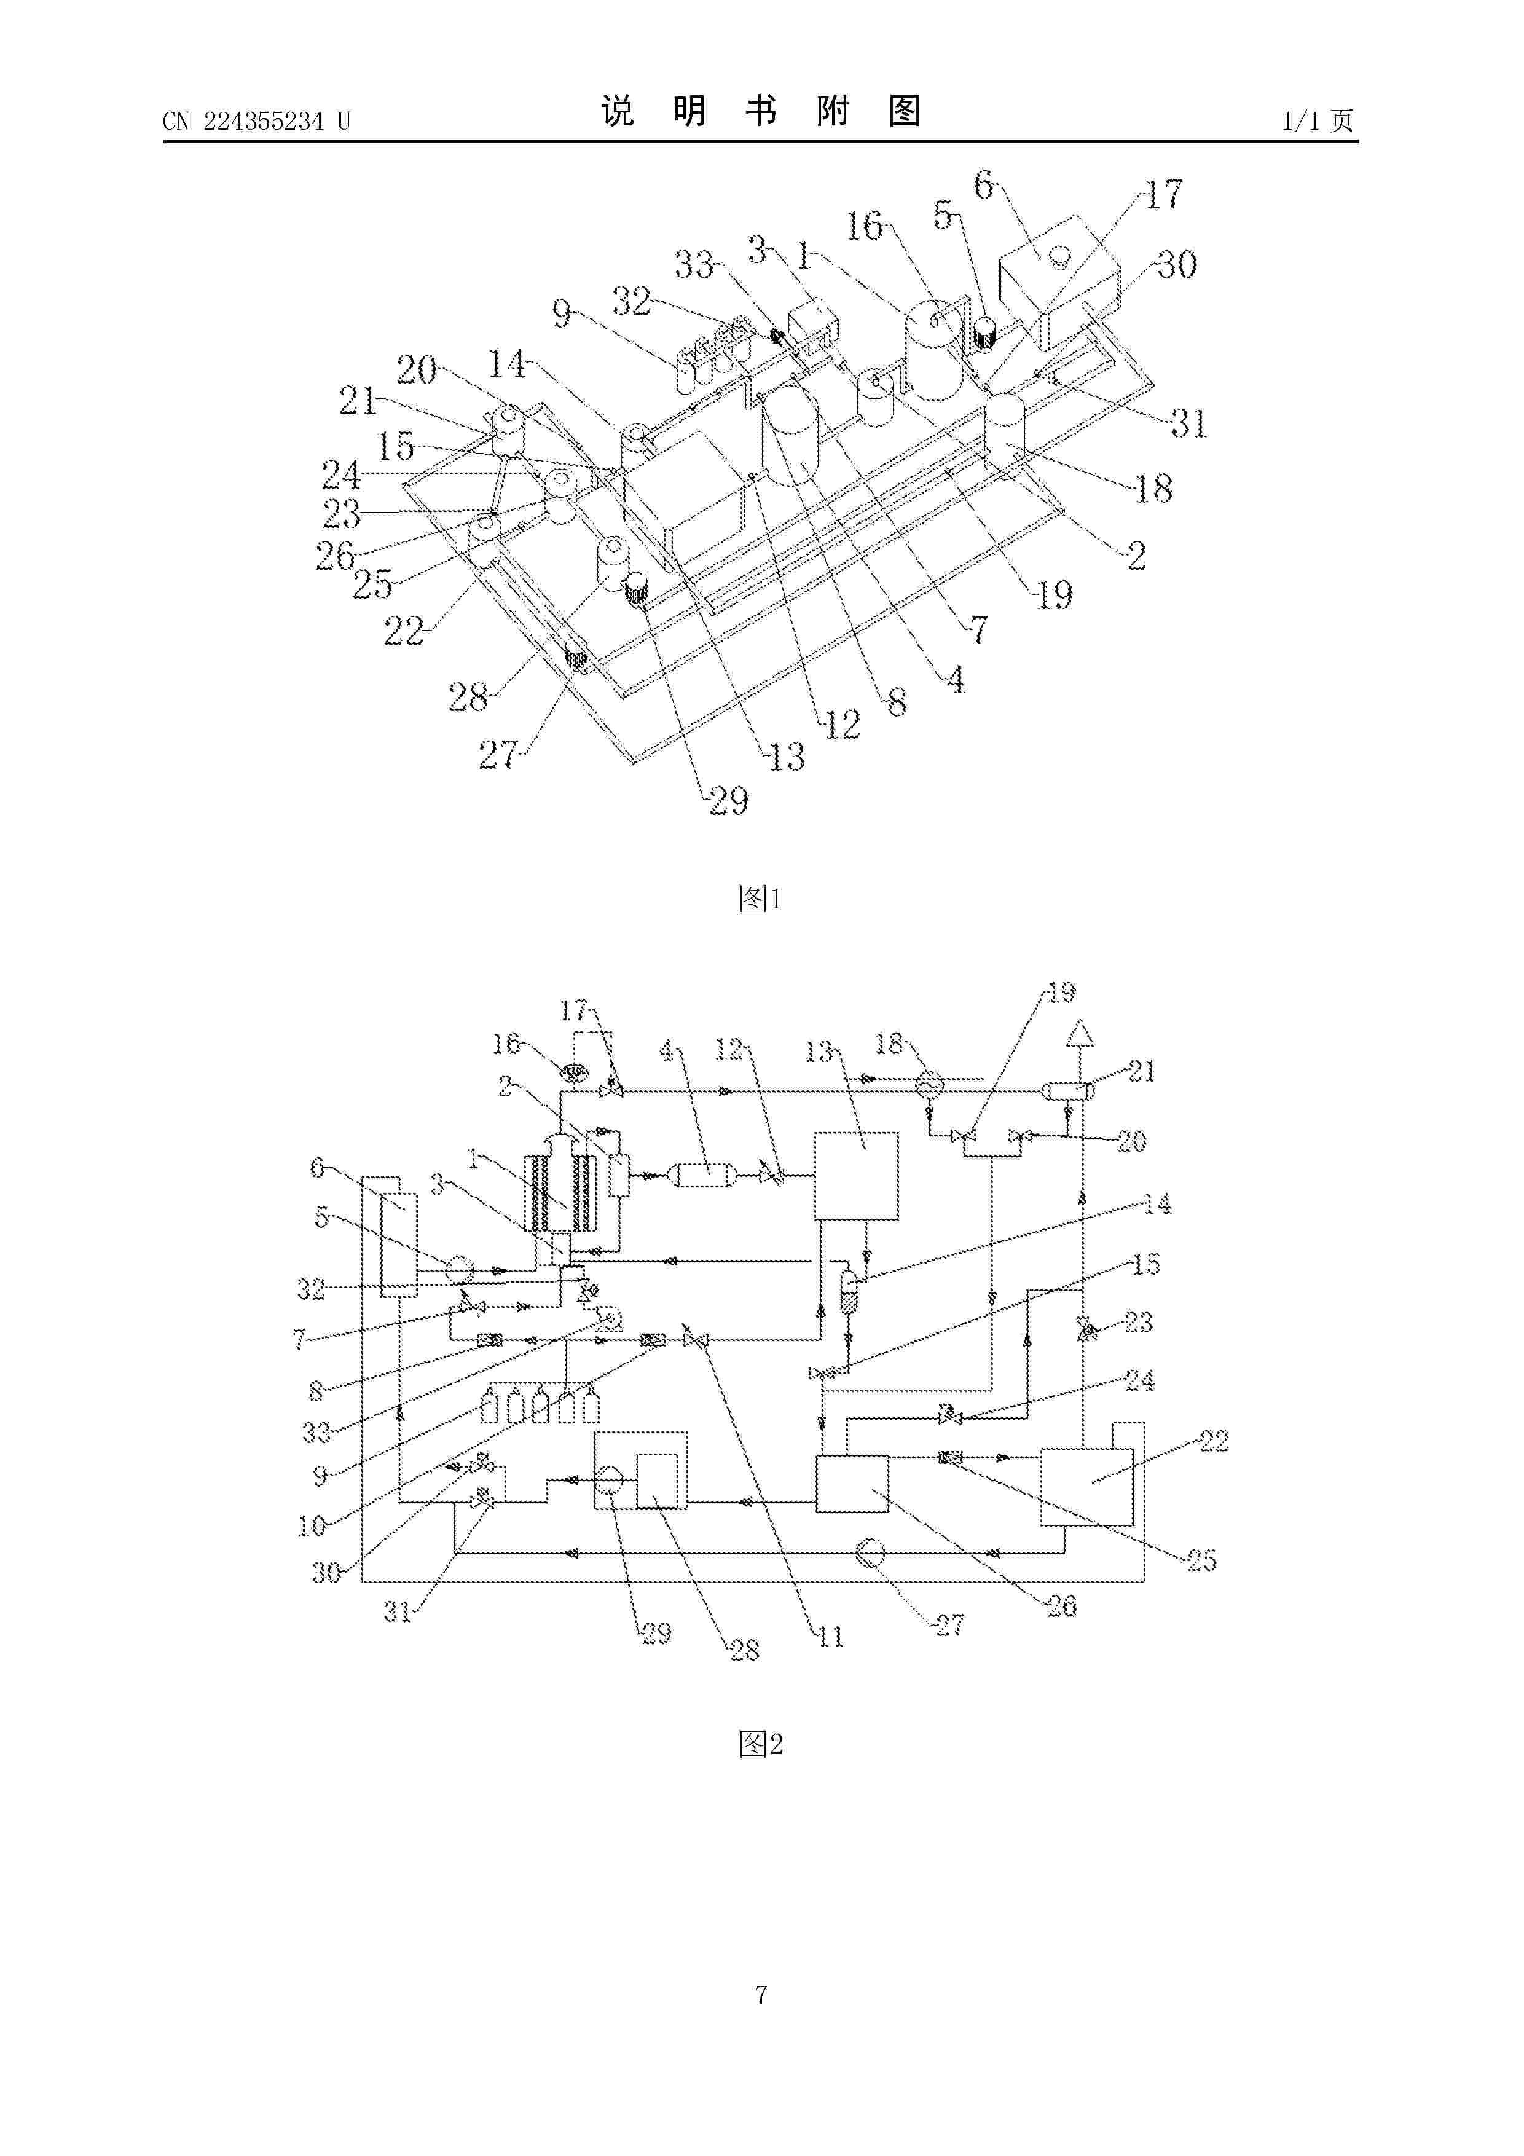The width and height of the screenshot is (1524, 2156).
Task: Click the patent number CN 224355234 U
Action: click(x=256, y=121)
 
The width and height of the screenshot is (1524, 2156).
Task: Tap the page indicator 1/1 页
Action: click(x=1318, y=121)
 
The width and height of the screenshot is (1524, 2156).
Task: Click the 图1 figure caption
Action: click(x=761, y=899)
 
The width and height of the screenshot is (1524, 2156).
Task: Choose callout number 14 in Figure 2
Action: click(x=1158, y=1204)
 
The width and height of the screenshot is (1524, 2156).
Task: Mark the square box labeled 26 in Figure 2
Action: click(x=852, y=1484)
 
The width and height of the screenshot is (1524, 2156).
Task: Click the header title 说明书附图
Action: click(x=761, y=112)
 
